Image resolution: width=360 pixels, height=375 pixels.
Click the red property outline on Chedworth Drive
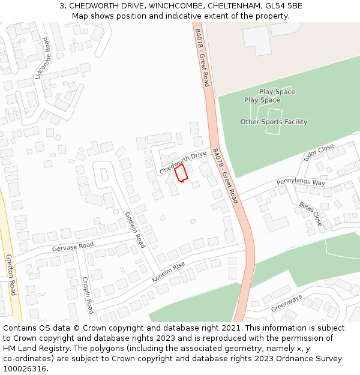[x=181, y=173]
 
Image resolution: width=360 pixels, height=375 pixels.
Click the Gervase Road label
[x=73, y=246]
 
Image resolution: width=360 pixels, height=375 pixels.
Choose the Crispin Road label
[x=88, y=295]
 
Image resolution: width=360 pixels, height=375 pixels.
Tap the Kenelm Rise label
[x=169, y=272]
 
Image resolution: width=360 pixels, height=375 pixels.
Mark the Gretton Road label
[x=10, y=275]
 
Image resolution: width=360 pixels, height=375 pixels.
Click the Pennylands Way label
[x=301, y=182]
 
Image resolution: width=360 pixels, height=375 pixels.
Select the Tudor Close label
[x=318, y=152]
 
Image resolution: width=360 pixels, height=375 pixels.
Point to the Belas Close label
[x=310, y=214]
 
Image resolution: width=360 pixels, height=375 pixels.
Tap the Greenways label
[x=286, y=303]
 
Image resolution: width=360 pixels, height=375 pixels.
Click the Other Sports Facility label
[x=274, y=122]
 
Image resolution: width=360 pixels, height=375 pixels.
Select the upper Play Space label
[x=277, y=92]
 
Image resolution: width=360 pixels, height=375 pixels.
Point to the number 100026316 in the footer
[x=25, y=368]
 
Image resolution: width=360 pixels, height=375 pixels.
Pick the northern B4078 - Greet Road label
[x=202, y=57]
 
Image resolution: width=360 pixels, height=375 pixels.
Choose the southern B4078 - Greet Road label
[x=226, y=176]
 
